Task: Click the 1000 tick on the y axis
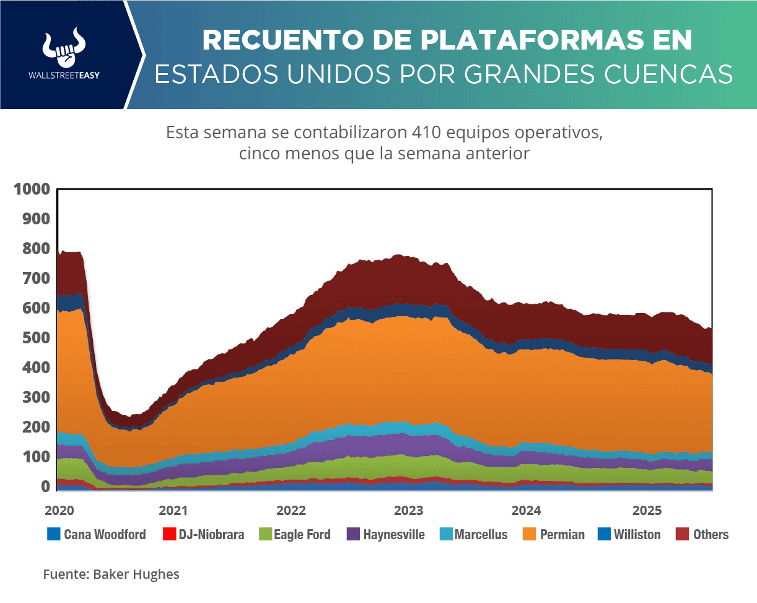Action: click(x=31, y=190)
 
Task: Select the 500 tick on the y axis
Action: click(x=35, y=338)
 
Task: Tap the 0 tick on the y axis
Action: click(x=45, y=487)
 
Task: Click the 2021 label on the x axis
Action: click(x=173, y=511)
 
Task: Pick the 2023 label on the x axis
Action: click(x=409, y=511)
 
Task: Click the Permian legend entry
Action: click(x=554, y=534)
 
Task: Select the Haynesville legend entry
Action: click(x=385, y=534)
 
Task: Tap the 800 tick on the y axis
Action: click(x=35, y=249)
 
